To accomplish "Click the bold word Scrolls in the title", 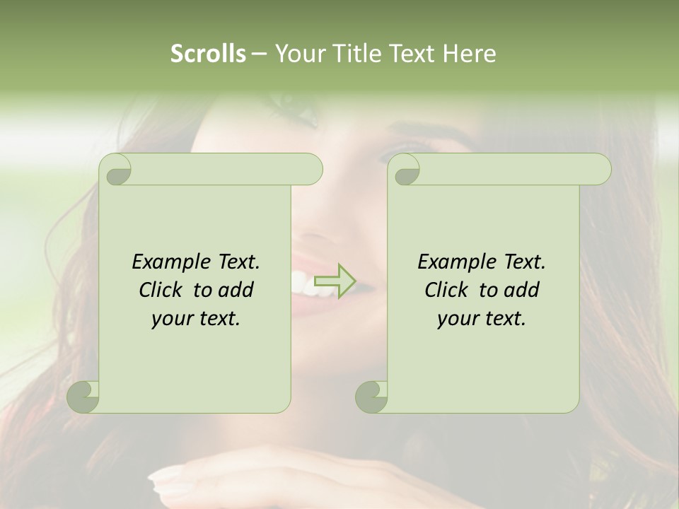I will (x=209, y=54).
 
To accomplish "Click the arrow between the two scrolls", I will (x=334, y=281).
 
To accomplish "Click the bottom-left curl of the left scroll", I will (x=83, y=396).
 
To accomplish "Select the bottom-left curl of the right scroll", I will (x=371, y=396).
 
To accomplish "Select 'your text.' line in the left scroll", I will (x=196, y=319).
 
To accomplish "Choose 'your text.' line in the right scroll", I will (x=482, y=319).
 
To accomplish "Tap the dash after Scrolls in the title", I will (x=260, y=54).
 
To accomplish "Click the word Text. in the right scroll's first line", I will (x=524, y=262).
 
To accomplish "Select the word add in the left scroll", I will (x=236, y=291).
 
